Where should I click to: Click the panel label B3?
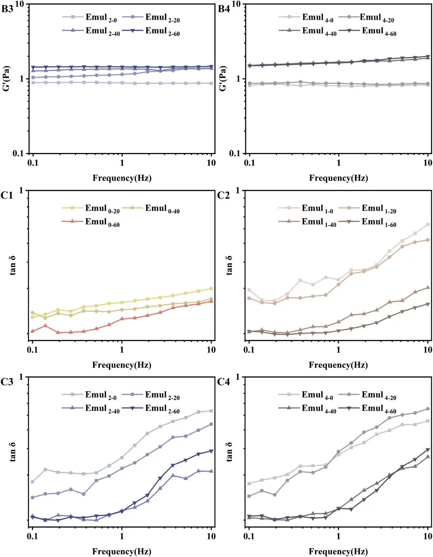[7, 9]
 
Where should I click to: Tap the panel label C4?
[223, 382]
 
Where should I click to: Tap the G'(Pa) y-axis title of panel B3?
[6, 78]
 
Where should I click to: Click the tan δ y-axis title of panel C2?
[229, 265]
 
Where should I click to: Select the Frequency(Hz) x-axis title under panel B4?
[338, 178]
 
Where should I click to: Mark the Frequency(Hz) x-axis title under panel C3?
[121, 551]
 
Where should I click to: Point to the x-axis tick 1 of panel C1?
[122, 350]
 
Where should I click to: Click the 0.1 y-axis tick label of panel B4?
[235, 153]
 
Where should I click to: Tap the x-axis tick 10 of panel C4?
[428, 536]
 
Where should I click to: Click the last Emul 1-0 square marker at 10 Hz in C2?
[428, 225]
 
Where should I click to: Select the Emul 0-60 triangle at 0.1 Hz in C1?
[33, 331]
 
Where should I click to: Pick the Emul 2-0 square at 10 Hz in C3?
[211, 411]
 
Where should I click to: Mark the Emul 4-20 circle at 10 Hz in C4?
[428, 409]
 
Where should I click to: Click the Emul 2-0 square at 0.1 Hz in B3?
[33, 82]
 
